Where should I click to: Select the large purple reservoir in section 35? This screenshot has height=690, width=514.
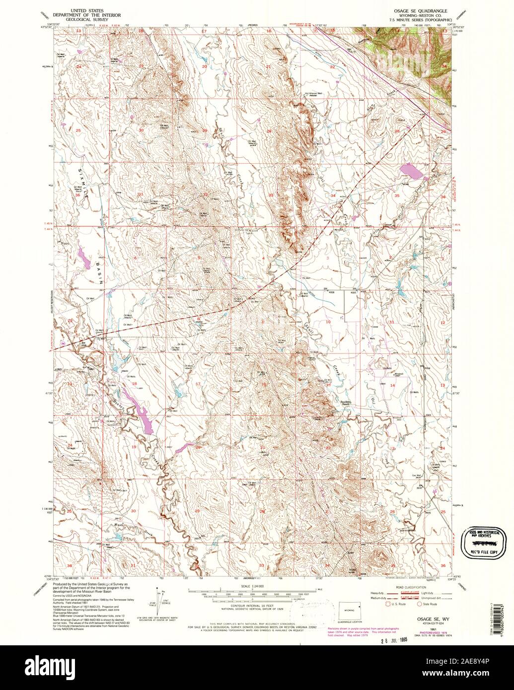click(412, 171)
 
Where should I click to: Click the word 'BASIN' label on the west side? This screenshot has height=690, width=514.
click(99, 272)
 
